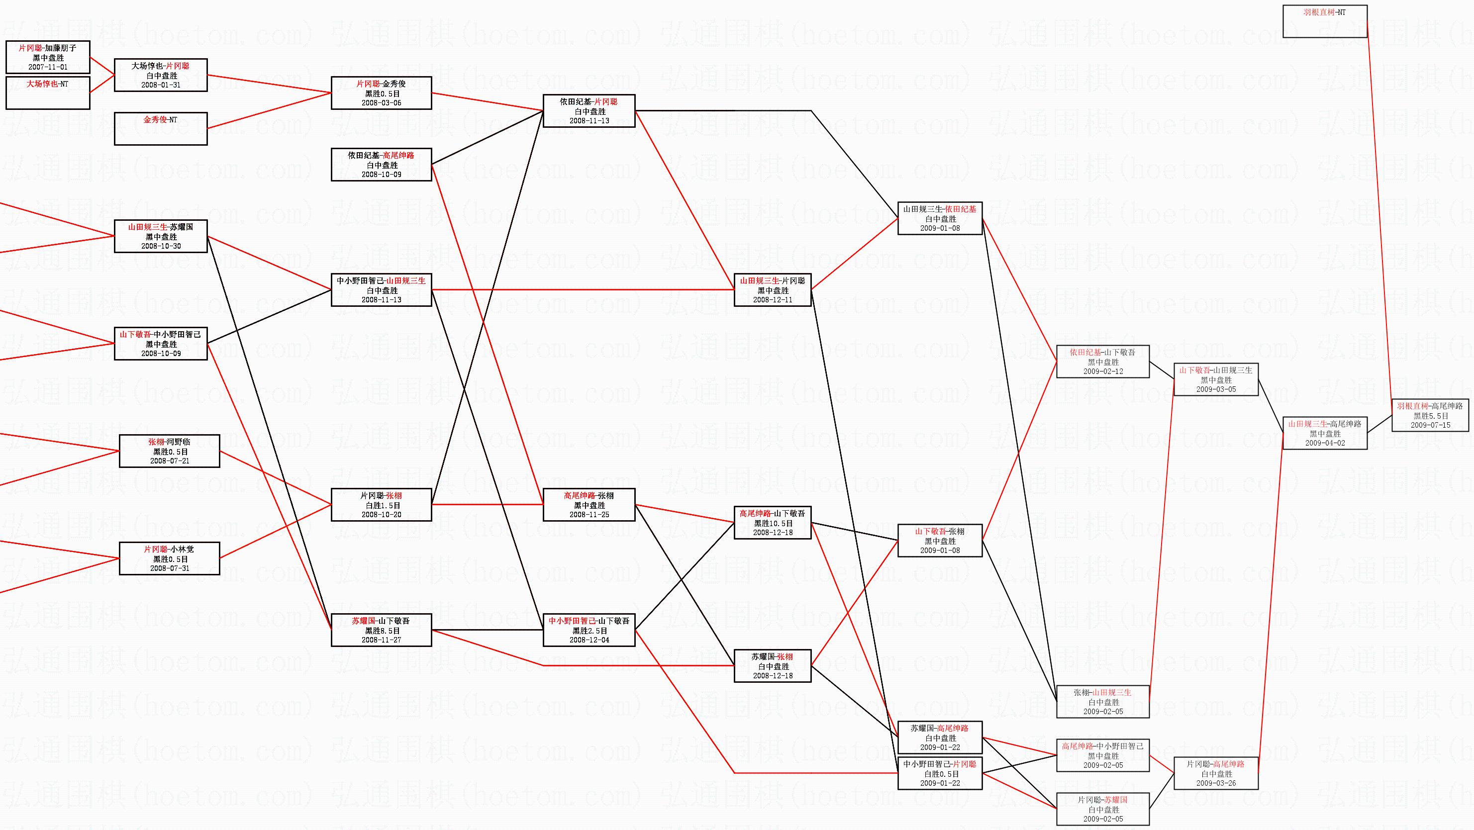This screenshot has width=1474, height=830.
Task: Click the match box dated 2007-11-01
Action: pyautogui.click(x=48, y=57)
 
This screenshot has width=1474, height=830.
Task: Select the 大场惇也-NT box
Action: pyautogui.click(x=48, y=92)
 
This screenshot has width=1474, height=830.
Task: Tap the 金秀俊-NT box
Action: pyautogui.click(x=161, y=129)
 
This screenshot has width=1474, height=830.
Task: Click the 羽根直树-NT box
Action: pyautogui.click(x=1325, y=21)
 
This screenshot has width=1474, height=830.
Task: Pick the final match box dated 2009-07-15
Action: pyautogui.click(x=1430, y=415)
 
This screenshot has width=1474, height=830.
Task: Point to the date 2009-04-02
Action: pyautogui.click(x=1325, y=443)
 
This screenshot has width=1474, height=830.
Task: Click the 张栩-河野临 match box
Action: pyautogui.click(x=169, y=451)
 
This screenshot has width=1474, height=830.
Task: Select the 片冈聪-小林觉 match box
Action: pyautogui.click(x=169, y=558)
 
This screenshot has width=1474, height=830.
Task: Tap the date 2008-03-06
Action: pyautogui.click(x=381, y=103)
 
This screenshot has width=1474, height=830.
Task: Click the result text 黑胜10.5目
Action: pyautogui.click(x=773, y=523)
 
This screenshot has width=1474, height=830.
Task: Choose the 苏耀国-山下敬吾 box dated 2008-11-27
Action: pyautogui.click(x=381, y=630)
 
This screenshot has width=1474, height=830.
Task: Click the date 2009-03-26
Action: pyautogui.click(x=1216, y=783)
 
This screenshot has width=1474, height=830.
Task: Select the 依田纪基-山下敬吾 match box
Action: pyautogui.click(x=1102, y=362)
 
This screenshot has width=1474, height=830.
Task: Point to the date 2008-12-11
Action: pyautogui.click(x=773, y=300)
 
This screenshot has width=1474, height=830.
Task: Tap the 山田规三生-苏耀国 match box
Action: pyautogui.click(x=161, y=236)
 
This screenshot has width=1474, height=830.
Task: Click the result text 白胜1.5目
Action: pyautogui.click(x=381, y=505)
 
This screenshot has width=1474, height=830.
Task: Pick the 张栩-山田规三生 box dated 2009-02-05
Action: pyautogui.click(x=1102, y=701)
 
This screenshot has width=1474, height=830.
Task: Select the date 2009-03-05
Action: pyautogui.click(x=1216, y=389)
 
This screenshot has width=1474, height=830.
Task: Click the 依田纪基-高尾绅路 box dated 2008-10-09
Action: pyautogui.click(x=381, y=165)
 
